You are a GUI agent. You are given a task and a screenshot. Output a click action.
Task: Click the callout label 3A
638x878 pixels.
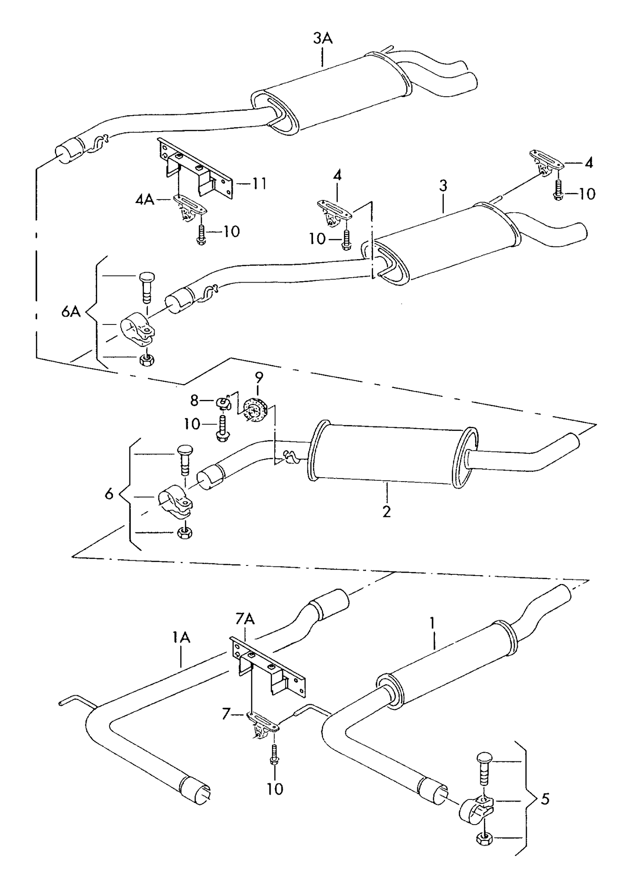point(323,38)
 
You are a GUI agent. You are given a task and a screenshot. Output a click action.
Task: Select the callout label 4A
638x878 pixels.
point(145,200)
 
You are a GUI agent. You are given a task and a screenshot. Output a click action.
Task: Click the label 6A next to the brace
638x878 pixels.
point(71,312)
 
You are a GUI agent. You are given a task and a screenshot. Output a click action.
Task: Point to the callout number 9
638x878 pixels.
point(259,377)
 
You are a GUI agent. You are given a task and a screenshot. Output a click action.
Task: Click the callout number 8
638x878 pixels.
point(195,400)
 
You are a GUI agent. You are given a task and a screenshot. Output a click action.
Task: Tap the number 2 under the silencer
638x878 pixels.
point(386,512)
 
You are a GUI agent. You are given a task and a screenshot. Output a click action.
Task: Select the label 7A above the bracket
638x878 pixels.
point(245,619)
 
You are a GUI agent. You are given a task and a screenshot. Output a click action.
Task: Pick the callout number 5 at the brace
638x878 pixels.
point(546,799)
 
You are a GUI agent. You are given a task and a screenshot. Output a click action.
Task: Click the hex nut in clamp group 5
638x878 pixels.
point(484,838)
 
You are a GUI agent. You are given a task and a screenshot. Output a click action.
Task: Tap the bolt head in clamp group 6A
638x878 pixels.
point(146,278)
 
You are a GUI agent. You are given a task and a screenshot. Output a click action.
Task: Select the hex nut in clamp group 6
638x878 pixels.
point(183,533)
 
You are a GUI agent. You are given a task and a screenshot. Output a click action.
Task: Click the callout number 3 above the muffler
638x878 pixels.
point(443,185)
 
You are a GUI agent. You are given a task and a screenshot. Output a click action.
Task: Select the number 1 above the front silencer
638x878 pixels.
point(432,623)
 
